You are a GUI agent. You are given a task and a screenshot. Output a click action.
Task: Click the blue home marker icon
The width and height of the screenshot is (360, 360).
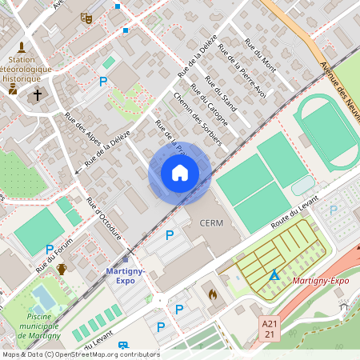click(x=180, y=173)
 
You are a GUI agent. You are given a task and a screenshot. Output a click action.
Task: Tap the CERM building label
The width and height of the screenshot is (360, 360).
click(x=212, y=222)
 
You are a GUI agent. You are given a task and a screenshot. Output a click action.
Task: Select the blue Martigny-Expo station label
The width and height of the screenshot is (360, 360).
click(x=126, y=277)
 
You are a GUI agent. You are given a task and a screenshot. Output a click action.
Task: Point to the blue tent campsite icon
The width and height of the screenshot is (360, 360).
click(x=274, y=274)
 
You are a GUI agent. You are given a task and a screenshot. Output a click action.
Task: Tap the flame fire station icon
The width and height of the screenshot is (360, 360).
click(x=212, y=294)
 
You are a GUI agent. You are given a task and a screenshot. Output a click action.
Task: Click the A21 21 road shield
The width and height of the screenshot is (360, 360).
click(x=270, y=328)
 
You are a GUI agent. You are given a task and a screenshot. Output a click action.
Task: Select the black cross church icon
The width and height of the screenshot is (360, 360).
click(x=37, y=95)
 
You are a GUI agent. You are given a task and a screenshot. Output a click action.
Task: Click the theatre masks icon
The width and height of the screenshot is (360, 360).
click(x=86, y=17)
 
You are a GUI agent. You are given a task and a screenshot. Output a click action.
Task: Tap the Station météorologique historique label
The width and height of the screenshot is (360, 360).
click(x=29, y=69)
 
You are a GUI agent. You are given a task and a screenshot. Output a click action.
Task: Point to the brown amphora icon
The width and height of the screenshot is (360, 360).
click(x=62, y=269)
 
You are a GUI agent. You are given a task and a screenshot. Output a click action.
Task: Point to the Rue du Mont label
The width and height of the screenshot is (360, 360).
click(x=260, y=56)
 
